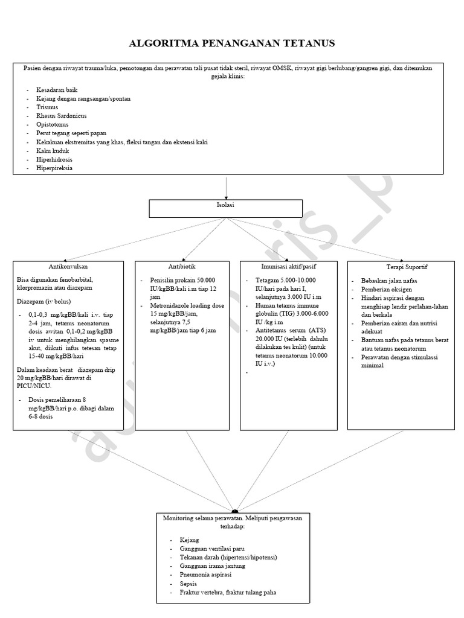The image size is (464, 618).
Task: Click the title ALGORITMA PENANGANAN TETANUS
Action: [232, 43]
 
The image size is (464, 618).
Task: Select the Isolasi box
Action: [226, 208]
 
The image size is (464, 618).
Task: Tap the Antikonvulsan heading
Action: [68, 266]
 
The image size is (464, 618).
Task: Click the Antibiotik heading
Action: [182, 266]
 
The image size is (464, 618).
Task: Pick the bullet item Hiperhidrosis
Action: [56, 159]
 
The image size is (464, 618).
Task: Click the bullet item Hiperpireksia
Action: [54, 168]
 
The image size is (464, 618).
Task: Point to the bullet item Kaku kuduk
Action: [52, 151]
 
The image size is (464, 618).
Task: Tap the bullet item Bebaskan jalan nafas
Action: [389, 281]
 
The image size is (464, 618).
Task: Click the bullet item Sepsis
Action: [188, 584]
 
